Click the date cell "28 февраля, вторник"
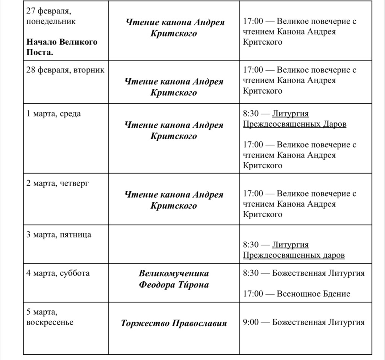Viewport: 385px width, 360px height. [x=65, y=70]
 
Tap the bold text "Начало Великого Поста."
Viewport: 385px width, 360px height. [x=62, y=47]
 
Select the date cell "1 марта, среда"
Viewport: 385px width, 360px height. [x=54, y=113]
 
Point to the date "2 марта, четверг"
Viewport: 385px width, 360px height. [x=58, y=183]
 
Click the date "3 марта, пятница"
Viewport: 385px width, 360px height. [x=59, y=235]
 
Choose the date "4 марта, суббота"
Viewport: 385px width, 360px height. [x=58, y=273]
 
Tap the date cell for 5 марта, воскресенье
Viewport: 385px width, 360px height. [x=50, y=317]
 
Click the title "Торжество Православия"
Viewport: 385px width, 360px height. [x=174, y=323]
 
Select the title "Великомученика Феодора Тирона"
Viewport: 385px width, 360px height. [x=174, y=279]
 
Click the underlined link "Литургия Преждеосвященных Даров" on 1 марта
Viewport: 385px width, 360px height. [x=294, y=119]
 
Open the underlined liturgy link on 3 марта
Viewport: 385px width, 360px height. [x=294, y=250]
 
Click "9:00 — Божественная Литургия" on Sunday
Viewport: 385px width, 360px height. [x=304, y=322]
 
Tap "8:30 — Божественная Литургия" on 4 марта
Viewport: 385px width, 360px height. [x=304, y=273]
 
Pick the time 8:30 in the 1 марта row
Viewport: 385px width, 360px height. [x=251, y=113]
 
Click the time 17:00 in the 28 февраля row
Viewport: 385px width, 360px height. [x=253, y=70]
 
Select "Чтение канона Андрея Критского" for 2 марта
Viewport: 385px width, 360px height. [x=174, y=200]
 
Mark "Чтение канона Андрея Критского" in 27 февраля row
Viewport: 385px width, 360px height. [x=174, y=28]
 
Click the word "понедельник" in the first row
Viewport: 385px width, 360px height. [x=51, y=21]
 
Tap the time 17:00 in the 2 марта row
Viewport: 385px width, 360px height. [x=253, y=194]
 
